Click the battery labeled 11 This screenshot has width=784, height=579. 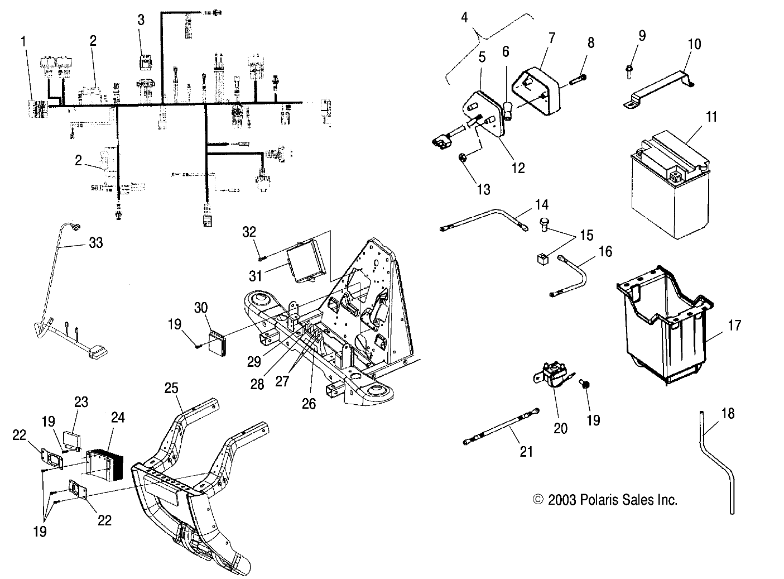click(667, 193)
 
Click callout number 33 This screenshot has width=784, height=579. click(96, 243)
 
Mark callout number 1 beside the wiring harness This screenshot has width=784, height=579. click(23, 41)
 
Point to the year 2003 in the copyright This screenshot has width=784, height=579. click(560, 500)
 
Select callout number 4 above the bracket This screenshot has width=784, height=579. click(464, 17)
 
